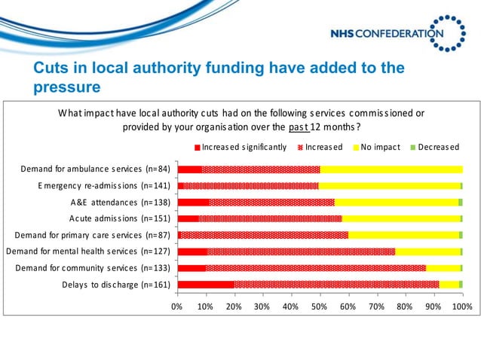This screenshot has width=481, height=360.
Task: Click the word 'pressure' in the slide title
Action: [x=67, y=87]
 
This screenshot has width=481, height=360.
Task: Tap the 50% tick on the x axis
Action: [x=320, y=307]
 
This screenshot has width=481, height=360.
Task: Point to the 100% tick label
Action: [x=462, y=307]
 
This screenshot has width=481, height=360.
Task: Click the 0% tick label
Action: [x=177, y=307]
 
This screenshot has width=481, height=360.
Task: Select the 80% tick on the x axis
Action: [x=405, y=307]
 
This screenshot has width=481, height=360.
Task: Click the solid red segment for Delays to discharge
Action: [x=206, y=284]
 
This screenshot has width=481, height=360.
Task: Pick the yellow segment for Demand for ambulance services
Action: [x=391, y=169]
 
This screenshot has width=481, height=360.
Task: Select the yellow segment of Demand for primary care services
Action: [x=403, y=235]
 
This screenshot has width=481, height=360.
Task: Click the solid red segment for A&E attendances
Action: [x=193, y=202]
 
